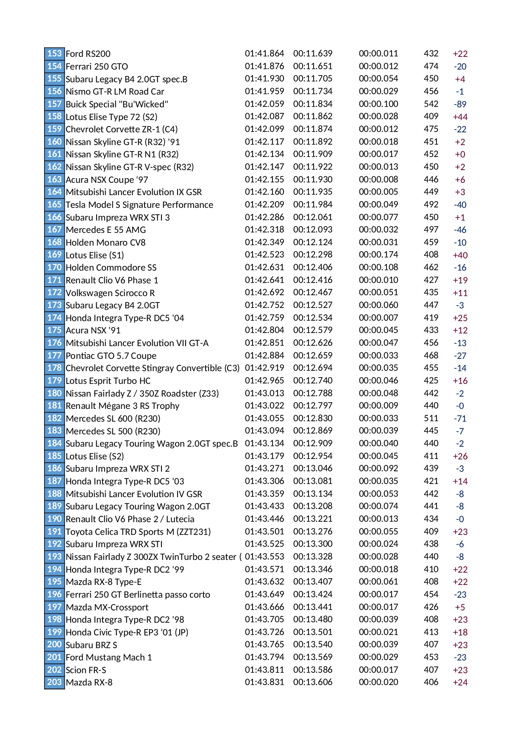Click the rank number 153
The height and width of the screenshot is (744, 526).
coord(54,53)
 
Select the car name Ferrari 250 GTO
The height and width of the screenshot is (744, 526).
coord(97,66)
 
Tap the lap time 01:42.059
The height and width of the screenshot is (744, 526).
coord(264,104)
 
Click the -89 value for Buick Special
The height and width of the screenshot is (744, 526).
coord(460,104)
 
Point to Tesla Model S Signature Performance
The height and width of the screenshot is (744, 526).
coord(139,205)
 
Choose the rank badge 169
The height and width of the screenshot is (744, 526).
coord(54,255)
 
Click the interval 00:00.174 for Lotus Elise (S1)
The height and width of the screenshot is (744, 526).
coord(378,255)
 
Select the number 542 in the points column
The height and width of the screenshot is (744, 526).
coord(431,104)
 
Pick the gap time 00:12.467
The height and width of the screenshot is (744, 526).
coord(313,293)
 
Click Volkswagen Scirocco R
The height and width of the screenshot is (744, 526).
coord(110,293)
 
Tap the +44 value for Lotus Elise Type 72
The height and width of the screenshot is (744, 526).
coord(460,117)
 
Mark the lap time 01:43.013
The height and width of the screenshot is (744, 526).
coord(264,393)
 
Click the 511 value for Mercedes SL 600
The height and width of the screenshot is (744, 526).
coord(431,418)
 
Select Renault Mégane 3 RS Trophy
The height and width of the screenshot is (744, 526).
coord(122,406)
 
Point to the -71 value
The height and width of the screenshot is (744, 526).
coord(460,419)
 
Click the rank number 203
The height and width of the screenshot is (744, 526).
coord(54,682)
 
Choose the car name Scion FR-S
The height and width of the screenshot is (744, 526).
coord(86,670)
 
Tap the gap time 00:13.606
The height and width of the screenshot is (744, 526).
coord(313,682)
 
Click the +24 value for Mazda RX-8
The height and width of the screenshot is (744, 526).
coord(460,682)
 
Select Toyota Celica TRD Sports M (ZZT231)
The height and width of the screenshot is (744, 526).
coord(138,532)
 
